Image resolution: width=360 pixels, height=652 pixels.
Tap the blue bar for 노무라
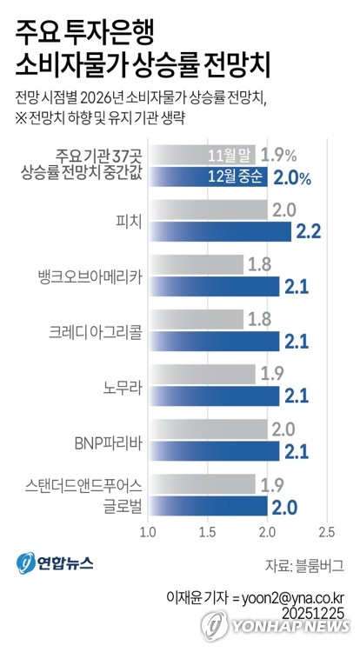[x=213, y=396]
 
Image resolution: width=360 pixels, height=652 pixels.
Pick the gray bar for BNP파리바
[x=207, y=429]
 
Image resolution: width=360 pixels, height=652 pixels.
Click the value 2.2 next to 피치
[x=310, y=231]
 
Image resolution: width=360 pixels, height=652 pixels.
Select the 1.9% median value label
[x=279, y=156]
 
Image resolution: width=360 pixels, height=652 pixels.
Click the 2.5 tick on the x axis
[x=327, y=531]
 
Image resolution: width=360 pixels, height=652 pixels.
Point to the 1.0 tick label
[x=147, y=531]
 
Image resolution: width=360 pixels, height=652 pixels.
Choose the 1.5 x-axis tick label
[x=207, y=531]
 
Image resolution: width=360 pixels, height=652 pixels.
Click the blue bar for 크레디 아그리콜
[x=213, y=341]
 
